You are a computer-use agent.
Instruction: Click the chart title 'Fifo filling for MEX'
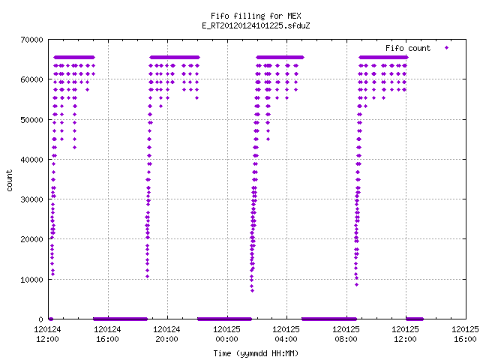256,16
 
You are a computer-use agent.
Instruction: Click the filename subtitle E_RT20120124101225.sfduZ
256,25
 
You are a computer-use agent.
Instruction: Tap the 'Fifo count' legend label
408,48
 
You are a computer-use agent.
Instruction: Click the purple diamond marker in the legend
447,47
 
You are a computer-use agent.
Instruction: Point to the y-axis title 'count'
10,181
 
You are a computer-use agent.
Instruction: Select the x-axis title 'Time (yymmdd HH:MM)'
256,353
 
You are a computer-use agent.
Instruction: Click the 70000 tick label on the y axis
31,40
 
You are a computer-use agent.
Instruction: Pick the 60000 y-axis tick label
31,79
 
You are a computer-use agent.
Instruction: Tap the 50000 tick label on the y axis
31,120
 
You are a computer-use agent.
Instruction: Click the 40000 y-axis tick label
31,160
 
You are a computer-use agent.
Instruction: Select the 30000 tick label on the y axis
31,199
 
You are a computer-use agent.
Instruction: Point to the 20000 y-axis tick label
31,239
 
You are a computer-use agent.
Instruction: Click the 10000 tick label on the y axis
31,280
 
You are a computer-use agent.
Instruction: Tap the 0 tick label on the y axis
41,319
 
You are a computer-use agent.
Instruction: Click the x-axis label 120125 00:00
226,334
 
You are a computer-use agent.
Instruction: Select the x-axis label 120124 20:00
166,334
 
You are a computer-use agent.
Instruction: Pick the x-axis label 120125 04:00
286,334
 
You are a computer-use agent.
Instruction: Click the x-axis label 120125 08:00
346,334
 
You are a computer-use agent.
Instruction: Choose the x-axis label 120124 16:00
107,334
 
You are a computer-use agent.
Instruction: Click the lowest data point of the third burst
252,290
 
